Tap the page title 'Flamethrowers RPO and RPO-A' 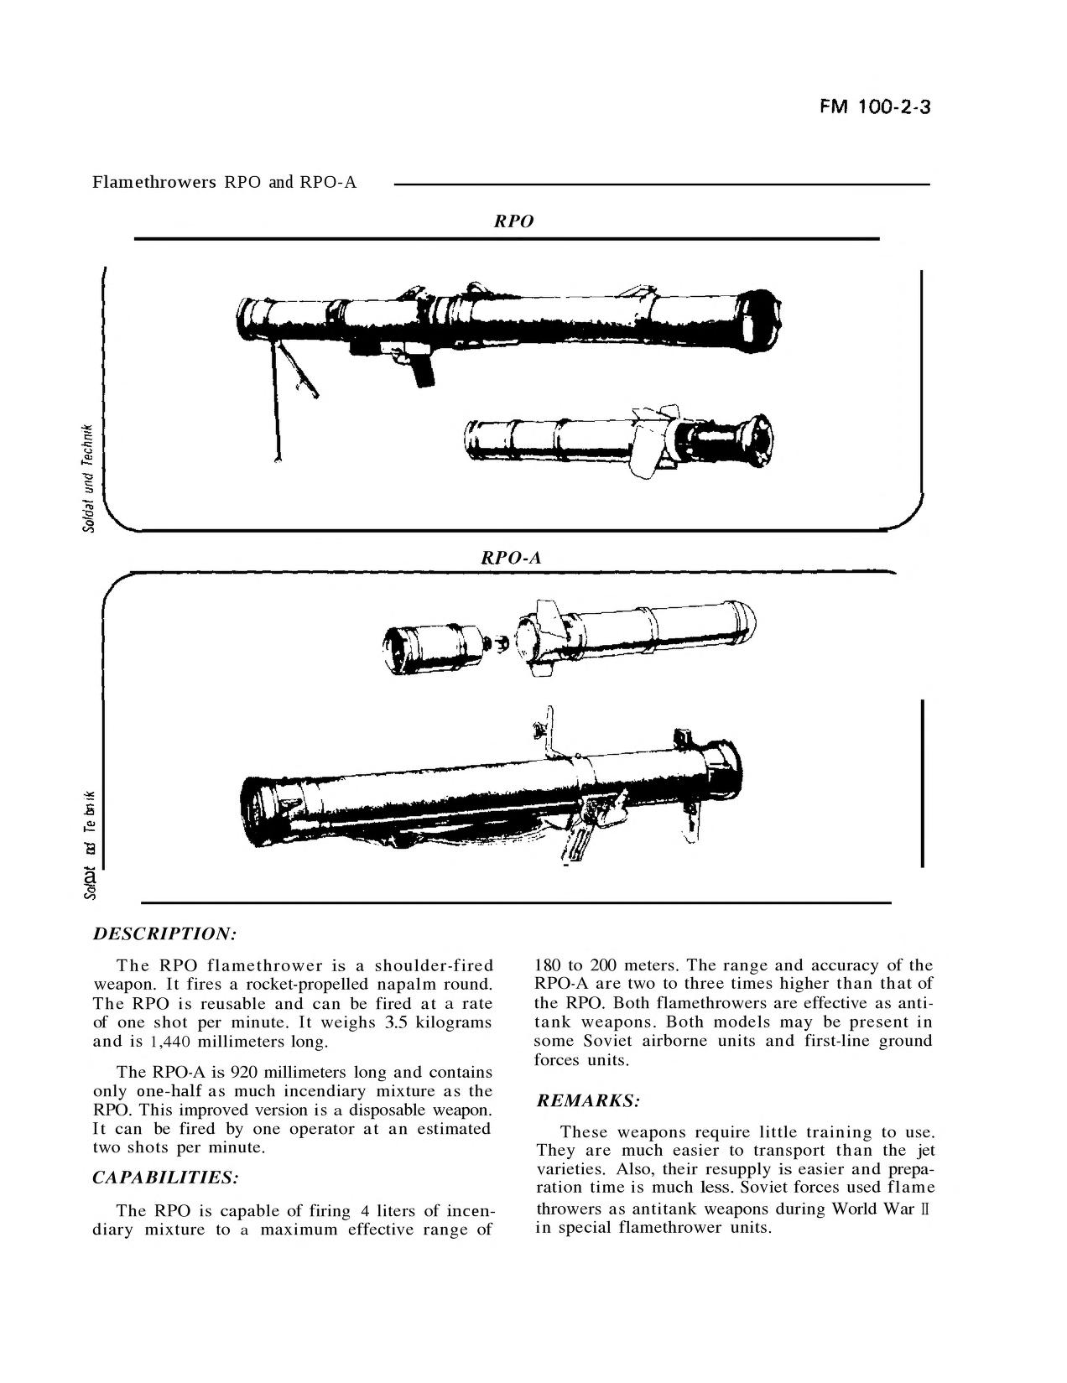[224, 182]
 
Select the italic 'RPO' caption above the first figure [513, 221]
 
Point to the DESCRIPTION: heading [164, 933]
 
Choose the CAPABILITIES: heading [165, 1178]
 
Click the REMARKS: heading [587, 1100]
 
